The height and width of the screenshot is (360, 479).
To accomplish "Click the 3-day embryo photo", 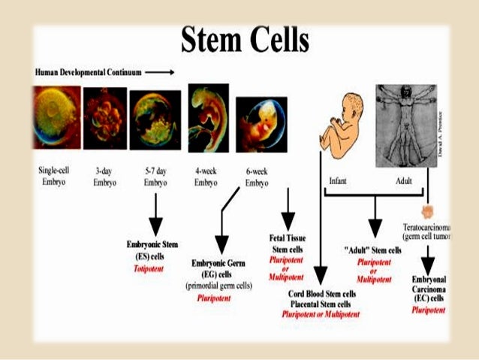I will click(x=104, y=118).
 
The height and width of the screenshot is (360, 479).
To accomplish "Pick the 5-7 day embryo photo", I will click(x=155, y=119).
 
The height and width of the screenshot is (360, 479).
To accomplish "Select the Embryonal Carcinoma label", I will click(x=430, y=289).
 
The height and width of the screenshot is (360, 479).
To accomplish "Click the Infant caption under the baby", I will click(x=337, y=182).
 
